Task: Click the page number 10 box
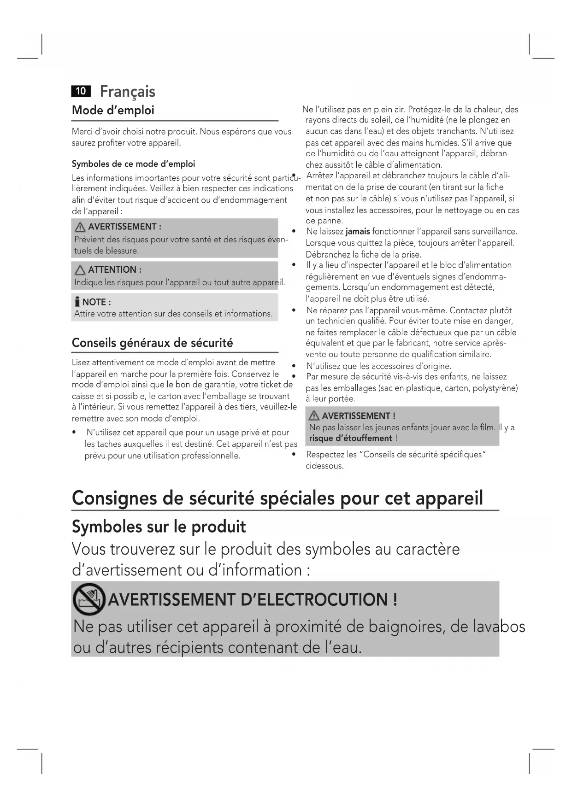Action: [x=81, y=91]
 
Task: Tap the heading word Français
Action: [x=128, y=91]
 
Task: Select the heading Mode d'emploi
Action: [x=113, y=111]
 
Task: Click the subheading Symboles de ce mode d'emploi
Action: [x=133, y=164]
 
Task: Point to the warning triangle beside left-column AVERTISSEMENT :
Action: [x=80, y=227]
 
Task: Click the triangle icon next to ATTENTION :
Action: [x=80, y=270]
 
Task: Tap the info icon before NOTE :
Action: [x=77, y=302]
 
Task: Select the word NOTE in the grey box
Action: [x=94, y=302]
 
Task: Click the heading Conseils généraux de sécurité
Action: [x=152, y=343]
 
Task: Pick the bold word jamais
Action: [x=358, y=231]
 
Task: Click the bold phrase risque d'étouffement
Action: [x=350, y=439]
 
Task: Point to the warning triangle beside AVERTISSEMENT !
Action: [x=314, y=416]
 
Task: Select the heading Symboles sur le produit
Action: [x=159, y=527]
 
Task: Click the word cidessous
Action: [x=324, y=466]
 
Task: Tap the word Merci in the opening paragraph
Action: [x=83, y=132]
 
